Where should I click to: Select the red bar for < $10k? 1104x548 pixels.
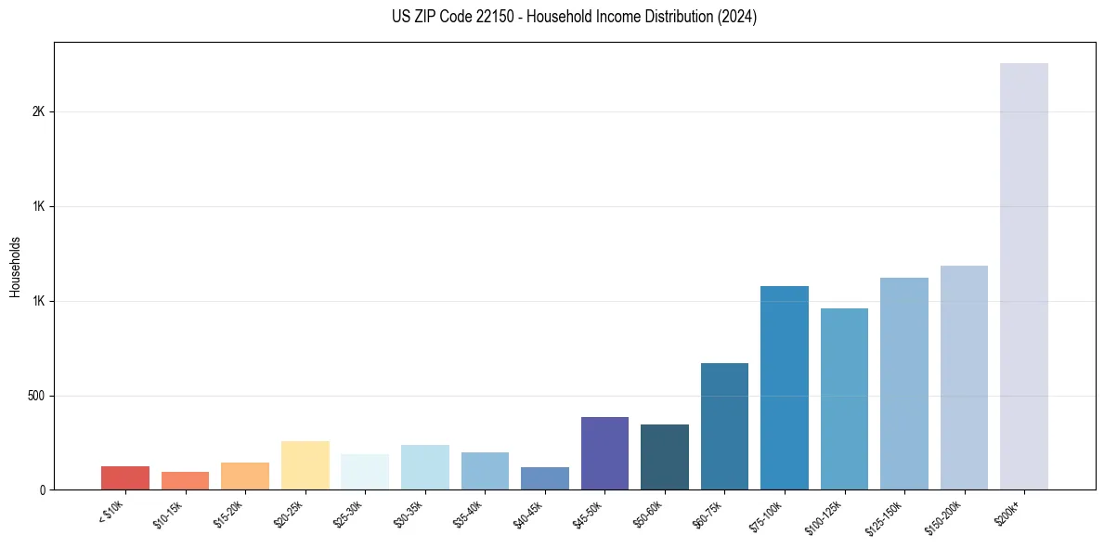[125, 477]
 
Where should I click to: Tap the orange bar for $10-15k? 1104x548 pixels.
[185, 480]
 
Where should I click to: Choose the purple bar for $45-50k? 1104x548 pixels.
[604, 453]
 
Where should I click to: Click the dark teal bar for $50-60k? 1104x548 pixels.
[665, 457]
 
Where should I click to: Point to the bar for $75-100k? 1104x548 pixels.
[785, 387]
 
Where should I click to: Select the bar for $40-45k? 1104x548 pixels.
[545, 478]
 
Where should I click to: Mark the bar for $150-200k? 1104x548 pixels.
[964, 377]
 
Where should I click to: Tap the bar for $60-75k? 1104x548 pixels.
[724, 426]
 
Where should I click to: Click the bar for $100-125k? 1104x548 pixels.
[844, 398]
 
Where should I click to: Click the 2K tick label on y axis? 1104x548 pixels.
[39, 111]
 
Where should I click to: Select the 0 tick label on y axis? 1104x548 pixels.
[43, 490]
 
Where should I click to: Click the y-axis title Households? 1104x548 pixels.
[15, 267]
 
